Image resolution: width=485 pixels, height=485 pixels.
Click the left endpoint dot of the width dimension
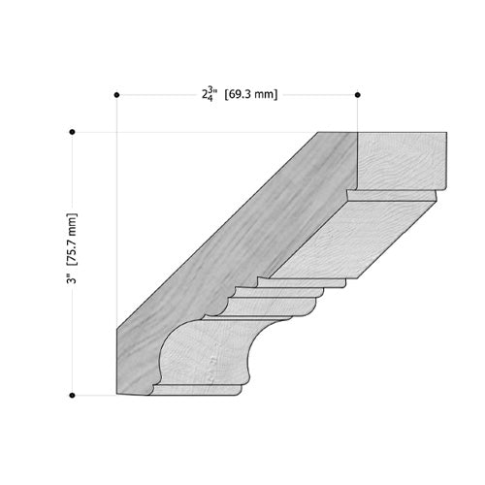click(116, 94)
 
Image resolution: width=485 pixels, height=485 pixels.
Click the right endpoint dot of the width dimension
click(358, 94)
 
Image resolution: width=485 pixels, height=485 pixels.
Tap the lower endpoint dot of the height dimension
click(72, 395)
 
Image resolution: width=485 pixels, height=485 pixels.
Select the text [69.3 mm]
click(250, 95)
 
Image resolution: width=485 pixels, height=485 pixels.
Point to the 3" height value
click(72, 278)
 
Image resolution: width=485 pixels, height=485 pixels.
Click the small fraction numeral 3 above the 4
click(210, 90)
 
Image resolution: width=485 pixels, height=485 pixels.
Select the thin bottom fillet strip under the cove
click(194, 390)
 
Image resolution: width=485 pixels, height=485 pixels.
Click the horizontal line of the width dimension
click(155, 94)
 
